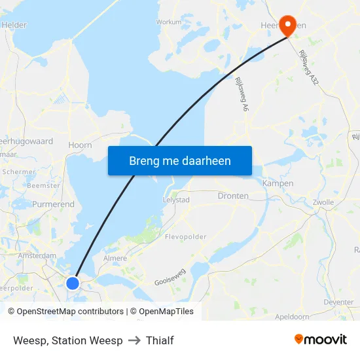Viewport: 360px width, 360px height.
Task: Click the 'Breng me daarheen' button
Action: coord(180,160)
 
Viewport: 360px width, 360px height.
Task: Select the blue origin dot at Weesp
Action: coord(73,283)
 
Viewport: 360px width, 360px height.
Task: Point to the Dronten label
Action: coord(233,196)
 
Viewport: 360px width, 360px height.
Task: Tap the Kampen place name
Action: coord(278,184)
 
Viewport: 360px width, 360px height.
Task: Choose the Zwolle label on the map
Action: coord(323,203)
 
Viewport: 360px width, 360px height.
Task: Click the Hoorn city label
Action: coord(80,145)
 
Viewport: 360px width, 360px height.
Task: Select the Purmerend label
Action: coord(53,205)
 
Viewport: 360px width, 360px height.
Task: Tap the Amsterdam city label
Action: coord(39,255)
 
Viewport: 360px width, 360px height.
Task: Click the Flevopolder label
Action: coord(186,237)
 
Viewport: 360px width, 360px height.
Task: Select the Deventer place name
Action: coord(338,302)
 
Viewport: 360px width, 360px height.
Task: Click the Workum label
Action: coord(169,22)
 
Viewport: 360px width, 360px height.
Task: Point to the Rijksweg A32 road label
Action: coord(308,67)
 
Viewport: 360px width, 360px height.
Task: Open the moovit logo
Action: coord(321,340)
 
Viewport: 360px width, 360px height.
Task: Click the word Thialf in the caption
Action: coord(160,340)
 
